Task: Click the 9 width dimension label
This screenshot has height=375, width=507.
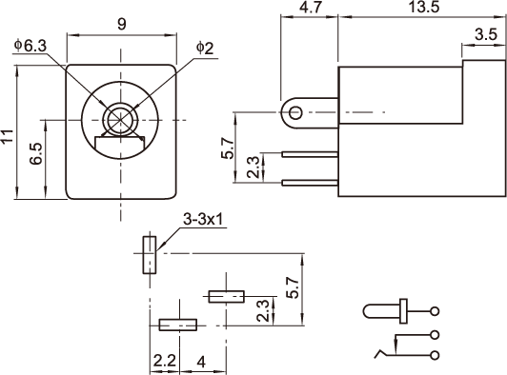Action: [122, 24]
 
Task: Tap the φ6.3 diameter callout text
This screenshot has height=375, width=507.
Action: [30, 46]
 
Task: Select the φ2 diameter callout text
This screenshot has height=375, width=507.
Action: [205, 49]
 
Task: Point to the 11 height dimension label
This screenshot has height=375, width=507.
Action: [7, 136]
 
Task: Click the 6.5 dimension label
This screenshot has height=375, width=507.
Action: [35, 154]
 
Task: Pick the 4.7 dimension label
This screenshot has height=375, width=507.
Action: [310, 7]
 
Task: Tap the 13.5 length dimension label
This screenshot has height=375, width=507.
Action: [424, 7]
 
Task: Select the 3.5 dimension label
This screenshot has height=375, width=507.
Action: [486, 34]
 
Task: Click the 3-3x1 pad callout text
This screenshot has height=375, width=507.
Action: [203, 220]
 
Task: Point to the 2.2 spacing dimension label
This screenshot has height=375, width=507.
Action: [164, 361]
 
